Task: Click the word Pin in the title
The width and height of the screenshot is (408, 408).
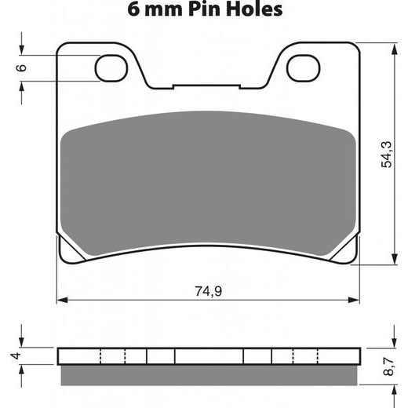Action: coord(205,9)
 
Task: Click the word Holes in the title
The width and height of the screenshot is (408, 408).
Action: coord(254,9)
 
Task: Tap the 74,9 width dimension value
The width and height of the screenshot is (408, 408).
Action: coord(209,291)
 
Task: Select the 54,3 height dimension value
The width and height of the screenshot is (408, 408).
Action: coord(387,155)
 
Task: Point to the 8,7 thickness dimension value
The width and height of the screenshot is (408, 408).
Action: coord(388,366)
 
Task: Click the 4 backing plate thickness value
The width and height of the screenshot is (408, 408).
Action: coord(16,355)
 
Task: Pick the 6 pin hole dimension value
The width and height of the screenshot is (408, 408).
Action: coord(21,67)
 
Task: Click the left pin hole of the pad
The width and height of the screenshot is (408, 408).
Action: coord(111,68)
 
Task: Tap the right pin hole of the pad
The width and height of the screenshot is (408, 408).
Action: coord(304,68)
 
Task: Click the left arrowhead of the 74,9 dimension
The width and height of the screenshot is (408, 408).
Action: coord(62,300)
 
